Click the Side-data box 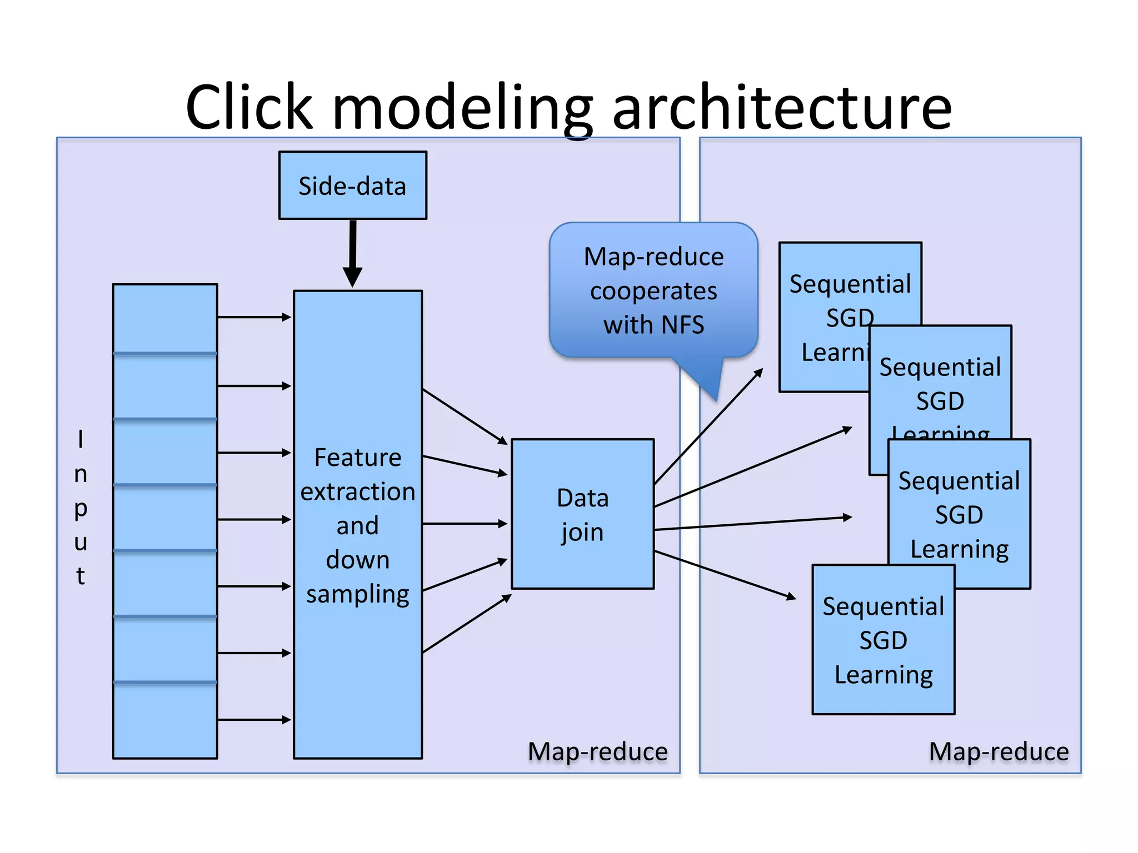352,185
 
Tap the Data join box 582,514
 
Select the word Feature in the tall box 357,458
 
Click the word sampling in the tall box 357,594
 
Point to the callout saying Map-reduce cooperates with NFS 653,290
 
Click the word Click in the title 249,107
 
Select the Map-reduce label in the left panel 597,751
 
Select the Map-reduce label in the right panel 999,751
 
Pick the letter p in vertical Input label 81,508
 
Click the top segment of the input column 164,318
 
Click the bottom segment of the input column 164,720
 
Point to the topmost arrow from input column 254,317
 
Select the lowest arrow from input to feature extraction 254,720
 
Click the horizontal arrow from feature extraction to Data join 465,523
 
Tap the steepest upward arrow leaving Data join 708,426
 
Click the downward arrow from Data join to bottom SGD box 725,575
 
